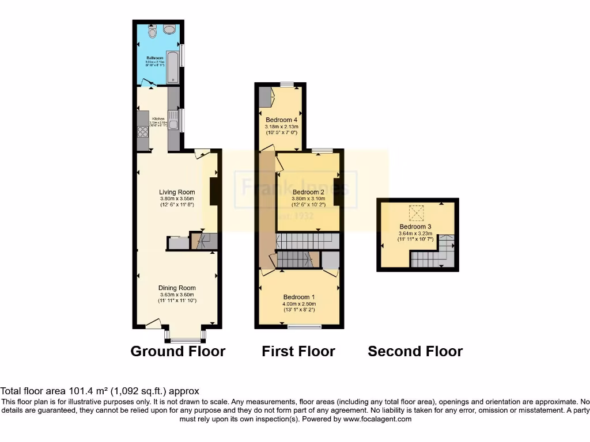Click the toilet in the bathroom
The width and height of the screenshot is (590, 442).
[152, 33]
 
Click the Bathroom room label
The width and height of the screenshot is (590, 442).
[154, 58]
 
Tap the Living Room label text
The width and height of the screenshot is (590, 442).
[177, 192]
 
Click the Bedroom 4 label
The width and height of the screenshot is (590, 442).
[281, 120]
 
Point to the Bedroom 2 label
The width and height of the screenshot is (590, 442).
[308, 192]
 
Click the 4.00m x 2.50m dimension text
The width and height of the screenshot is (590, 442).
[298, 304]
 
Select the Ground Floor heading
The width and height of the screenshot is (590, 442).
[177, 351]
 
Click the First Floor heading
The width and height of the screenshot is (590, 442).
[298, 351]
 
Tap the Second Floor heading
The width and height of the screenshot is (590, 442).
[415, 351]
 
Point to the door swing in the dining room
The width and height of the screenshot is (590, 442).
[153, 324]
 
